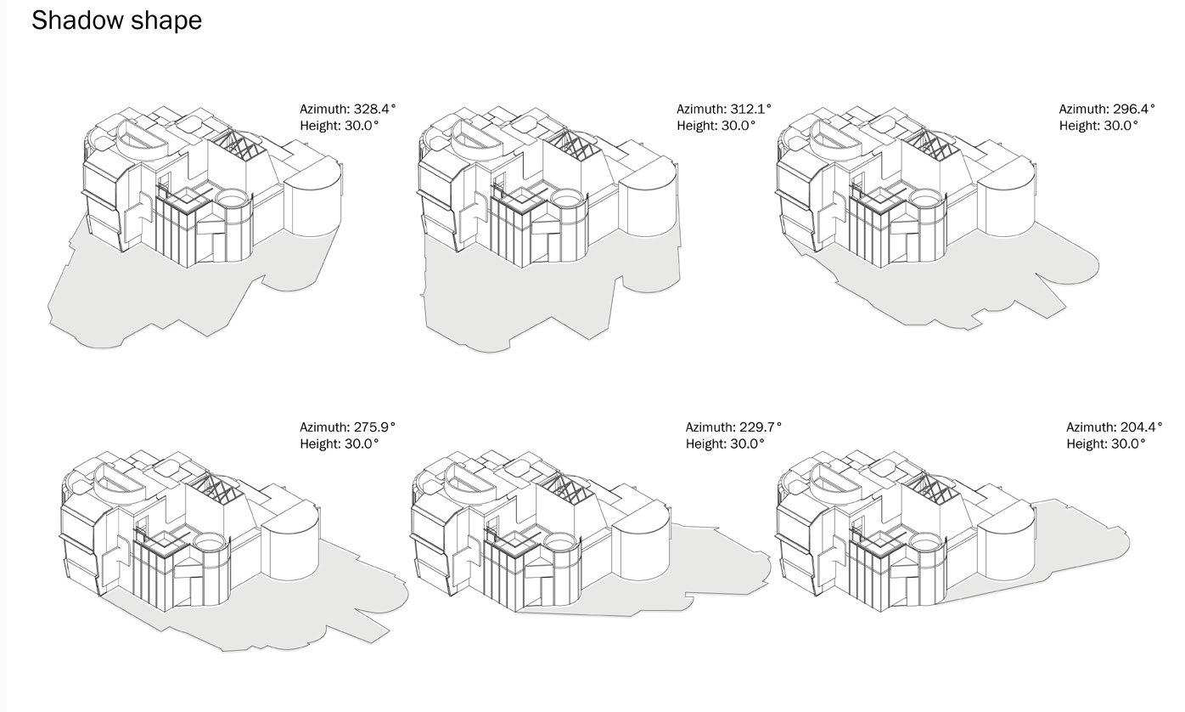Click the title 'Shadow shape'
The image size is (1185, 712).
point(117,20)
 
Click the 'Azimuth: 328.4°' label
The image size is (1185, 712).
point(347,109)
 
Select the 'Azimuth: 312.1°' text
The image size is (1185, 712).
point(724,109)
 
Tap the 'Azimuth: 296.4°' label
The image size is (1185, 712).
point(1107,109)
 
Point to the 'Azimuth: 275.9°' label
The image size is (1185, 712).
point(347,427)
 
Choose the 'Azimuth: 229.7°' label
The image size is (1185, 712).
point(733,427)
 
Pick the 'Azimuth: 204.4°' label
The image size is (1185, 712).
point(1114,427)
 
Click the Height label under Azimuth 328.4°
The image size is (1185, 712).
point(339,126)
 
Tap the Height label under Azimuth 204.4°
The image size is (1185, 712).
point(1105,444)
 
